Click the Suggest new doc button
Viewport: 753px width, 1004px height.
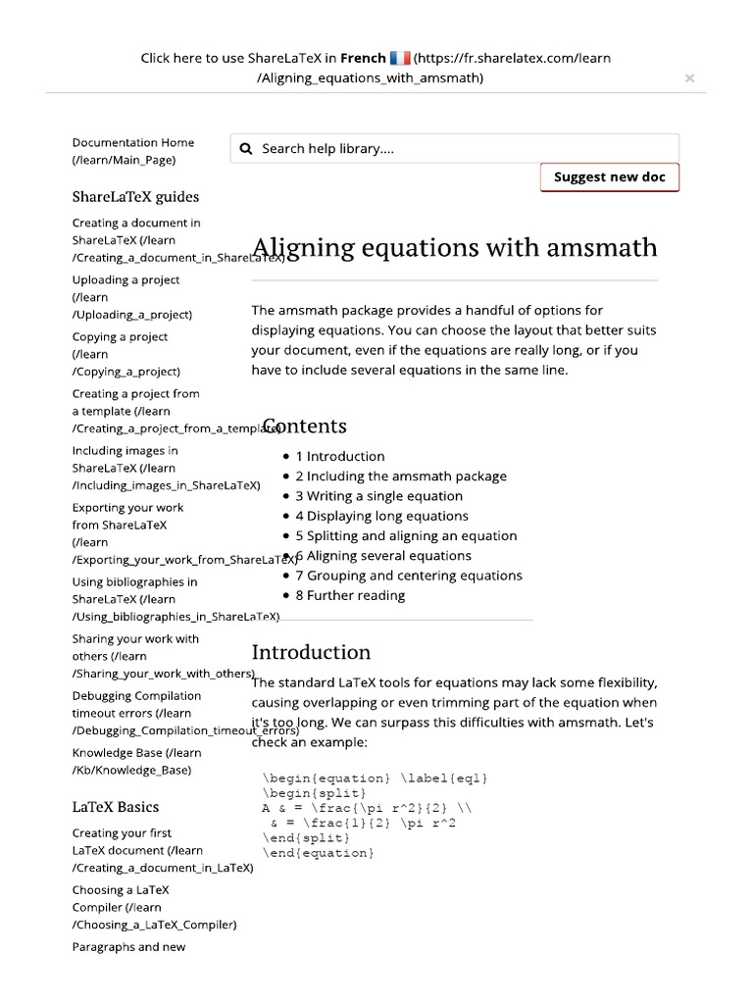point(609,177)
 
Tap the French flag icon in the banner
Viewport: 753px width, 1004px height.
point(399,58)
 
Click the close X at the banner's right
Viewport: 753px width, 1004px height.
point(689,78)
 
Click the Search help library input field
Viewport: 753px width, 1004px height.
point(461,149)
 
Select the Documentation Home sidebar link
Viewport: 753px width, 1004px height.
point(133,151)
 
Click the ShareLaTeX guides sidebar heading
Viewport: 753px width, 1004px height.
point(135,196)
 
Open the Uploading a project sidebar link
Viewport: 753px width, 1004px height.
point(126,297)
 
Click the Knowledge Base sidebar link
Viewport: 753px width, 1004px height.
point(136,761)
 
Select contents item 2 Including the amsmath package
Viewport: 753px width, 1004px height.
point(401,477)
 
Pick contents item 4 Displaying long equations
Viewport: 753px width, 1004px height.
point(381,516)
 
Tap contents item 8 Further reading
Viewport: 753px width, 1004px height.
point(350,595)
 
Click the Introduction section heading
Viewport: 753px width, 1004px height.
point(311,652)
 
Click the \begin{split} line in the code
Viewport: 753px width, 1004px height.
point(314,793)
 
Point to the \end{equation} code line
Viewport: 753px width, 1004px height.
point(318,853)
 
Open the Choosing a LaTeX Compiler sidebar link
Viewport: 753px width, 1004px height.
point(154,907)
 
